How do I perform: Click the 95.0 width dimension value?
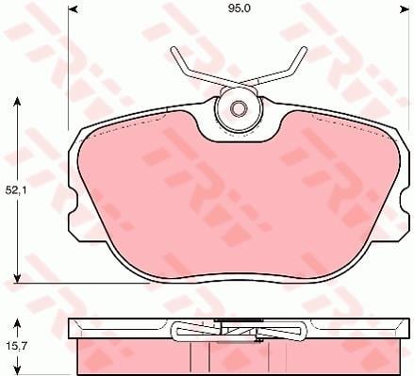(x=239, y=8)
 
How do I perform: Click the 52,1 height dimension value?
(x=16, y=190)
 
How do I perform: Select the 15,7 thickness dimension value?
(x=15, y=347)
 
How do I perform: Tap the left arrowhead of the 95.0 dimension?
(x=73, y=10)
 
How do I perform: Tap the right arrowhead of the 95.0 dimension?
(x=404, y=10)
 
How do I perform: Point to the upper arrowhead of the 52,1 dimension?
(x=18, y=102)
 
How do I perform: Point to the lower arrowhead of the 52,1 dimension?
(x=18, y=278)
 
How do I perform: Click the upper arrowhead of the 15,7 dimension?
(x=18, y=323)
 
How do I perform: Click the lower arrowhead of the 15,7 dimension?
(x=18, y=370)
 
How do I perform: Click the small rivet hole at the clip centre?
(x=238, y=108)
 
